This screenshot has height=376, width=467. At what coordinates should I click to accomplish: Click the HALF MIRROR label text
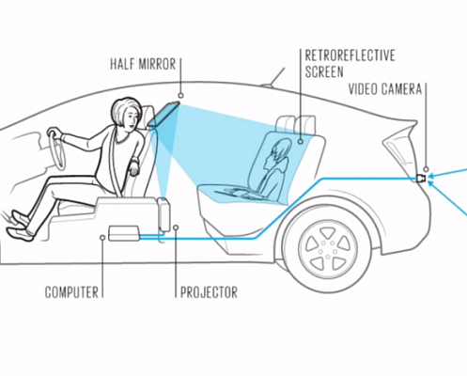[143, 64]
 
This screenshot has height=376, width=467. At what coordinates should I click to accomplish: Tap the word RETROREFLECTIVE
[350, 55]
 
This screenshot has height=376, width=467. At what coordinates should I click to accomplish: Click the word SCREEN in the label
[324, 71]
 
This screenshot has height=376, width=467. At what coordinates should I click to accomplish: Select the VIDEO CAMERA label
[385, 89]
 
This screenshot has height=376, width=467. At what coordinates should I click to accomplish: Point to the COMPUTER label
[71, 292]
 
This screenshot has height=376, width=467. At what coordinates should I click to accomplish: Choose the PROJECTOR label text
[209, 292]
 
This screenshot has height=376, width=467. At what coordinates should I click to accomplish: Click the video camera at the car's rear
[421, 179]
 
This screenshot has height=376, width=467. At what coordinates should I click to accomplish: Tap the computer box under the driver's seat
[124, 233]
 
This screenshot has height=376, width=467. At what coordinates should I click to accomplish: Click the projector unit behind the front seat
[163, 214]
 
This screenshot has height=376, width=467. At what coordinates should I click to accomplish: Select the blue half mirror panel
[163, 114]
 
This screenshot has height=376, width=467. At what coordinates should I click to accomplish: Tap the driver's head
[126, 114]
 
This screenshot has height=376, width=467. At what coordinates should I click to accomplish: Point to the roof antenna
[273, 76]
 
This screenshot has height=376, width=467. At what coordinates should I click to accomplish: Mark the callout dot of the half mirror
[180, 96]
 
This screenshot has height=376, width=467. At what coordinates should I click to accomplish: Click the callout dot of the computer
[102, 238]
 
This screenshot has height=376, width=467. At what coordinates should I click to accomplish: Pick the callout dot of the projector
[176, 227]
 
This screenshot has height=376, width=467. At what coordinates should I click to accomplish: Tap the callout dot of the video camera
[426, 169]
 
